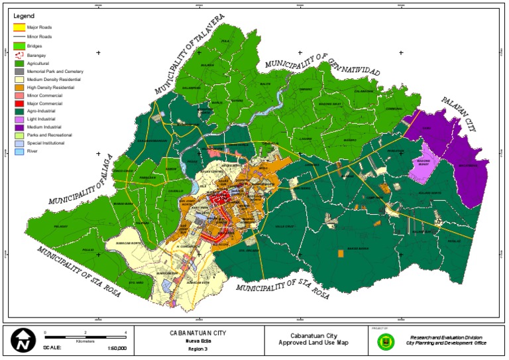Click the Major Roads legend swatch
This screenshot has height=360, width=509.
point(20,27)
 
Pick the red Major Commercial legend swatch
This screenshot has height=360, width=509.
point(20,104)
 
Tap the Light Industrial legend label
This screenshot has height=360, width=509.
point(42,119)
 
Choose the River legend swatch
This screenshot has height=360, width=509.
point(20,151)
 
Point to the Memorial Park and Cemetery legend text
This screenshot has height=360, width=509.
point(55,72)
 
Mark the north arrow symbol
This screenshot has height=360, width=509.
point(24,341)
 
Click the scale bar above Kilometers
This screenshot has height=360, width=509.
point(85,336)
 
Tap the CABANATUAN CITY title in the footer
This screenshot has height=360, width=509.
point(198,332)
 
